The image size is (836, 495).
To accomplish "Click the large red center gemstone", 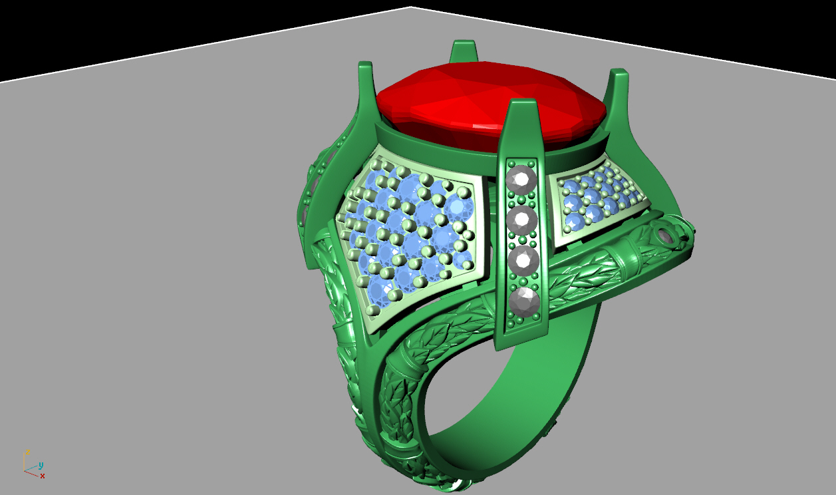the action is [x=489, y=106].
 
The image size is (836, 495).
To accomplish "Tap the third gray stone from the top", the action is [x=523, y=259].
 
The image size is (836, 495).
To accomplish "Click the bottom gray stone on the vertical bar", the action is [x=524, y=301].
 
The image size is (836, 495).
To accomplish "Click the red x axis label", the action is [x=43, y=476].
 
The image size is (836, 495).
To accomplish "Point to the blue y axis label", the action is [x=41, y=465].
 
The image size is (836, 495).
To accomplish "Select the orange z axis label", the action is [x=28, y=452].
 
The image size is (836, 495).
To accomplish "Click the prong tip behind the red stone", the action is [x=464, y=44].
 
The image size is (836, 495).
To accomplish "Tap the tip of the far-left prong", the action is [x=365, y=65].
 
